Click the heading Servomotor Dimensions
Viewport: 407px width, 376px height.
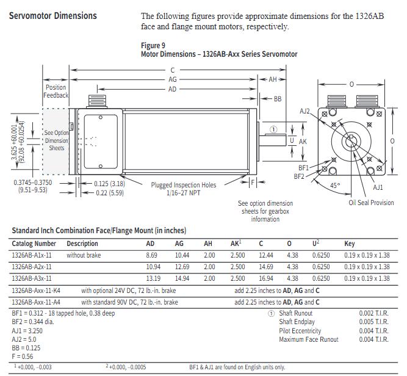[x=53, y=16]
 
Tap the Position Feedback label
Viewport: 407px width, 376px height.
[x=56, y=92]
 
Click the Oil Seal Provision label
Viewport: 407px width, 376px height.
[x=371, y=203]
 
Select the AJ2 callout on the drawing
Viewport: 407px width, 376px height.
[x=305, y=111]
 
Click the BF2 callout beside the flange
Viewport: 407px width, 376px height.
[x=299, y=176]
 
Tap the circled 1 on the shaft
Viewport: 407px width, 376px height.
[x=273, y=129]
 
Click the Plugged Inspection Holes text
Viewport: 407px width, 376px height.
[x=184, y=184]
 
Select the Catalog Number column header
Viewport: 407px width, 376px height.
[x=34, y=244]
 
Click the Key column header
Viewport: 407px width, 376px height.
[x=350, y=244]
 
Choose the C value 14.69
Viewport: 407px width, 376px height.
[x=265, y=267]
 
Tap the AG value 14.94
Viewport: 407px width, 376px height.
[x=183, y=278]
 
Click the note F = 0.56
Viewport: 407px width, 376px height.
[x=24, y=356]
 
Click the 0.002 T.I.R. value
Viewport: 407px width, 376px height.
[x=374, y=313]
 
